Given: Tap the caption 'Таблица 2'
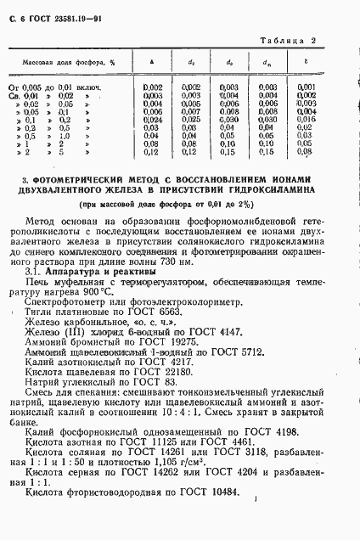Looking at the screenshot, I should (312, 42).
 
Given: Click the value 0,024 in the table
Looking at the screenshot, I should (152, 120).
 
